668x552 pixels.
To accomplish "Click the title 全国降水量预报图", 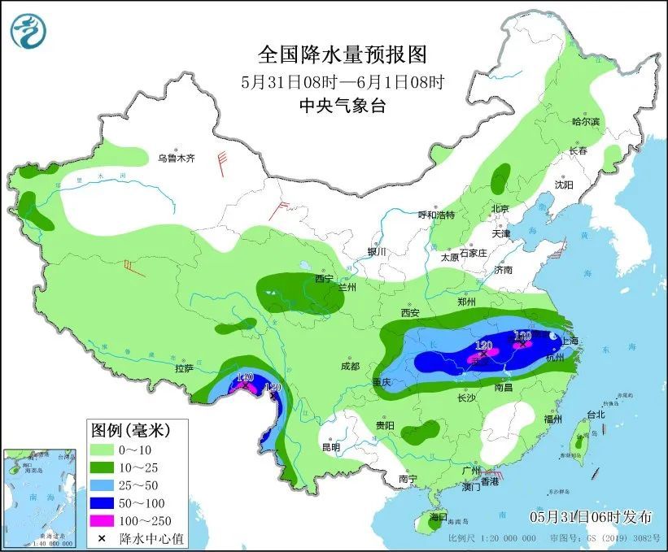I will (x=342, y=54).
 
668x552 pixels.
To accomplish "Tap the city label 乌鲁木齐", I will (x=177, y=159).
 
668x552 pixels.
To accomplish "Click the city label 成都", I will (x=350, y=366).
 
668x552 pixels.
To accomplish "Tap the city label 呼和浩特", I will (x=436, y=215).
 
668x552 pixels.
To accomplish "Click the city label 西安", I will (x=409, y=313).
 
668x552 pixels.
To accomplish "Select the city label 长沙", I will (x=465, y=398).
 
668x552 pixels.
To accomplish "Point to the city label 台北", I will (x=596, y=414).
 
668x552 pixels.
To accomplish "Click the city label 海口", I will (x=439, y=516).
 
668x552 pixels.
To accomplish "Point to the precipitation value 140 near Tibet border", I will (x=245, y=377).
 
